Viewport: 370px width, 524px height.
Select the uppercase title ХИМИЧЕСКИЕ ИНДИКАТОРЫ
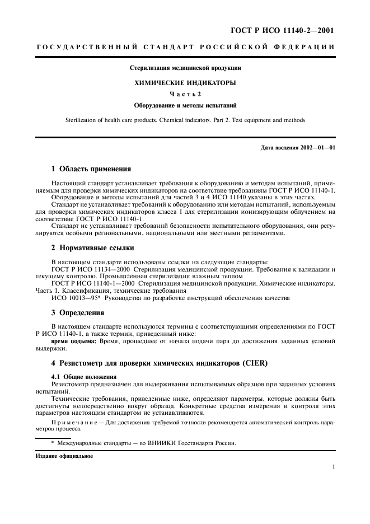[185, 82]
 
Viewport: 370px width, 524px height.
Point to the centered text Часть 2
[185, 93]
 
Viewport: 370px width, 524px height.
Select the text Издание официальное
[64, 456]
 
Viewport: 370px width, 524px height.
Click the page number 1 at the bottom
[334, 466]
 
